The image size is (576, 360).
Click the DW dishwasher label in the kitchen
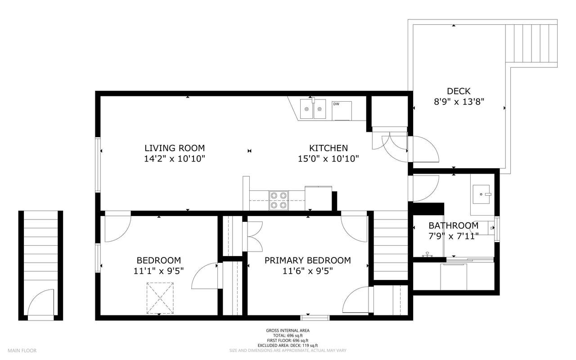[336, 104]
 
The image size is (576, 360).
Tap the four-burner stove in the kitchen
[279, 200]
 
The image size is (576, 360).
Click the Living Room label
[175, 148]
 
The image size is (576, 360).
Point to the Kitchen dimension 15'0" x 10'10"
[328, 159]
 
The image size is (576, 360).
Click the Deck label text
[459, 91]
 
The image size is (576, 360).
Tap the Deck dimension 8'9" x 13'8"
[459, 102]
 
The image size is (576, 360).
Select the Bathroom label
[453, 226]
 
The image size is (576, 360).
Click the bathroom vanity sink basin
[481, 194]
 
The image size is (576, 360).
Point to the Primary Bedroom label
[307, 261]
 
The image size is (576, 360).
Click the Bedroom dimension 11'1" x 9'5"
[159, 271]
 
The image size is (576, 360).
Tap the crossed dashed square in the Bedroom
[160, 298]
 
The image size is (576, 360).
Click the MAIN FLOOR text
[22, 351]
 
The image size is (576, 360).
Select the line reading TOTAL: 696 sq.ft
[288, 336]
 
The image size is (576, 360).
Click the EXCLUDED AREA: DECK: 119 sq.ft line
[288, 346]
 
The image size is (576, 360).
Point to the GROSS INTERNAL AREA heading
[288, 331]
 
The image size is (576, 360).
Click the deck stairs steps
[531, 43]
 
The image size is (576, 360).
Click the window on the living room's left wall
[98, 165]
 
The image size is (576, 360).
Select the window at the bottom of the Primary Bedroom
[315, 318]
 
